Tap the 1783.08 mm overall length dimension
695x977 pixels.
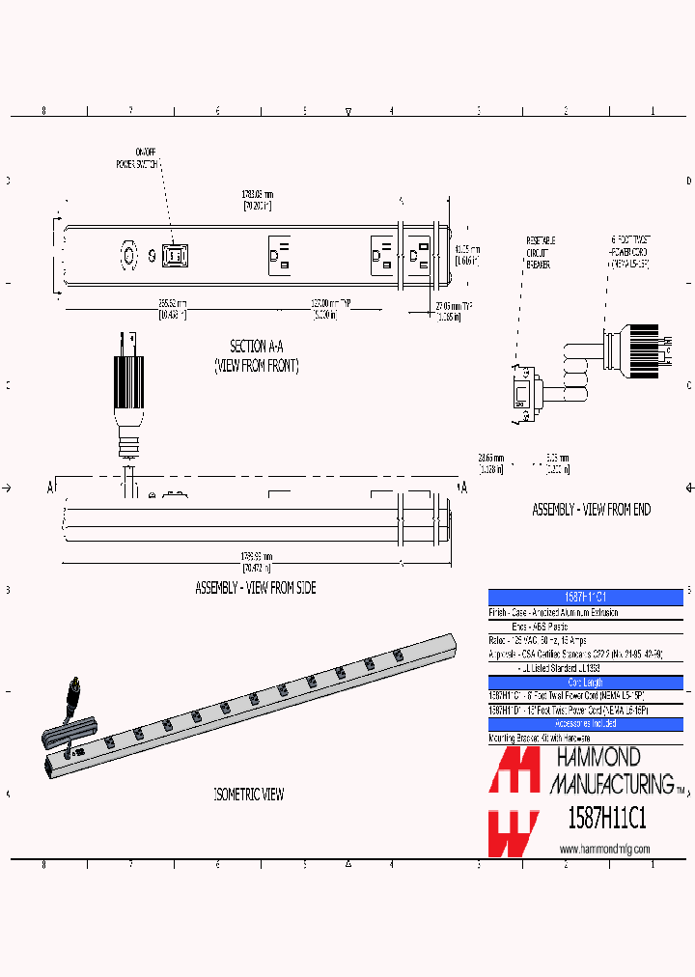click(257, 201)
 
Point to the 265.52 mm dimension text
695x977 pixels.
click(174, 309)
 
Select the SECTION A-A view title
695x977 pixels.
click(256, 355)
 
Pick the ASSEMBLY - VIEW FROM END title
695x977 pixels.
click(591, 510)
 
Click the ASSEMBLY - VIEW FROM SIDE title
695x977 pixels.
click(256, 588)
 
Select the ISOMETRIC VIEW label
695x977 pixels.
click(248, 795)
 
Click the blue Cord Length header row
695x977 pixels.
click(586, 683)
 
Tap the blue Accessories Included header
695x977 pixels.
click(586, 723)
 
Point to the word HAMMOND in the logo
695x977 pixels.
click(595, 758)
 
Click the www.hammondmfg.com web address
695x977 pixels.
click(605, 849)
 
